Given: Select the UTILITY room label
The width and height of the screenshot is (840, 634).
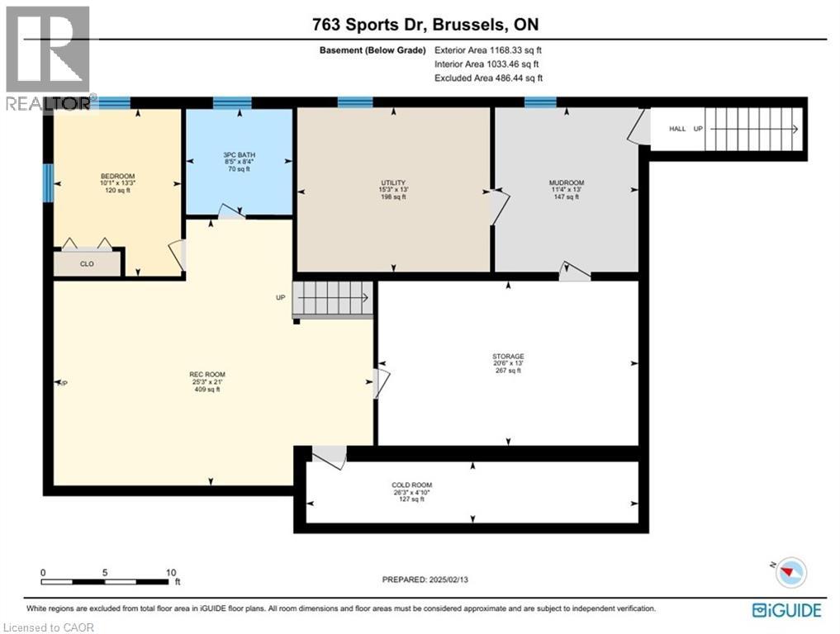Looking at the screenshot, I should [393, 183].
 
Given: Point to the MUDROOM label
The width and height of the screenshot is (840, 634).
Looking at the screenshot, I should [567, 182].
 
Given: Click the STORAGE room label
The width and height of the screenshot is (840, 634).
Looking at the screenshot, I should [508, 357].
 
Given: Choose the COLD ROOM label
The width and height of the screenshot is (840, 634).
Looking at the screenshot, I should [411, 485].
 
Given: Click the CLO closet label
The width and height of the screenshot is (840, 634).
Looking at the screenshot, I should [86, 265].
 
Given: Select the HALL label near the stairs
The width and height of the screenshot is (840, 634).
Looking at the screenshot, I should [677, 130].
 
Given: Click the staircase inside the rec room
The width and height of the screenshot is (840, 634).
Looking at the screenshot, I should [334, 297].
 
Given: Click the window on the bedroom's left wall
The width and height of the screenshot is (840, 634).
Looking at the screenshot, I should [49, 182].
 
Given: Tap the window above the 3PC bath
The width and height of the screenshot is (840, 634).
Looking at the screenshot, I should [232, 103].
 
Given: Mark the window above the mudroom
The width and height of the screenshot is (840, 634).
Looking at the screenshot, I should [540, 102].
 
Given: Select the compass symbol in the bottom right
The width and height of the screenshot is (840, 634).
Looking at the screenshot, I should [791, 571].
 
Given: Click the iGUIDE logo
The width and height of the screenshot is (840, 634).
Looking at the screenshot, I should [786, 610].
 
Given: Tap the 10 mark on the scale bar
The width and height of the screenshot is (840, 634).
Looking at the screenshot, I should [170, 572].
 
